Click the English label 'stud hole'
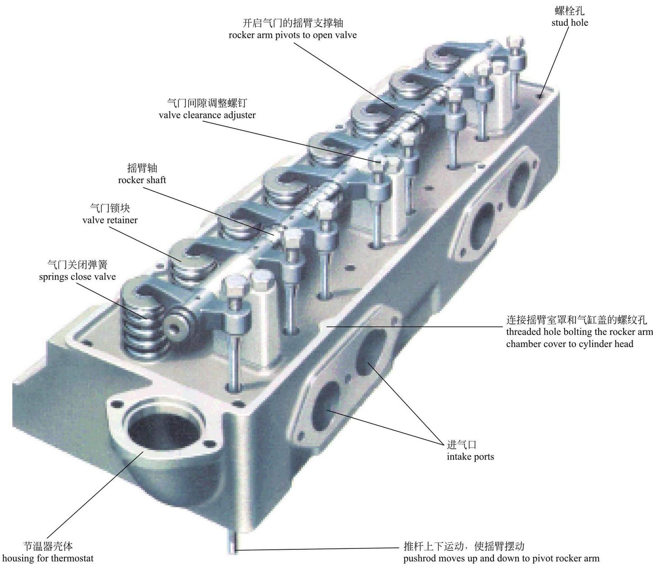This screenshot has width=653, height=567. (570, 23)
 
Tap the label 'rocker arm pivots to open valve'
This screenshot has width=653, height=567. (292, 35)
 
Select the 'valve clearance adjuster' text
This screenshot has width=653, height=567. (207, 115)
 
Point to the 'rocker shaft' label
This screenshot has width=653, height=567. (142, 180)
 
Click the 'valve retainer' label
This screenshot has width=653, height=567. (110, 220)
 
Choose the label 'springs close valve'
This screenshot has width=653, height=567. (77, 276)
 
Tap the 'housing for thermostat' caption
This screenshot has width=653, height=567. (48, 558)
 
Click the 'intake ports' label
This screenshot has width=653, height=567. (470, 457)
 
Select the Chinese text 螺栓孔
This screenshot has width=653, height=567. (570, 11)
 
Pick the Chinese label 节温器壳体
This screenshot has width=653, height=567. (48, 546)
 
